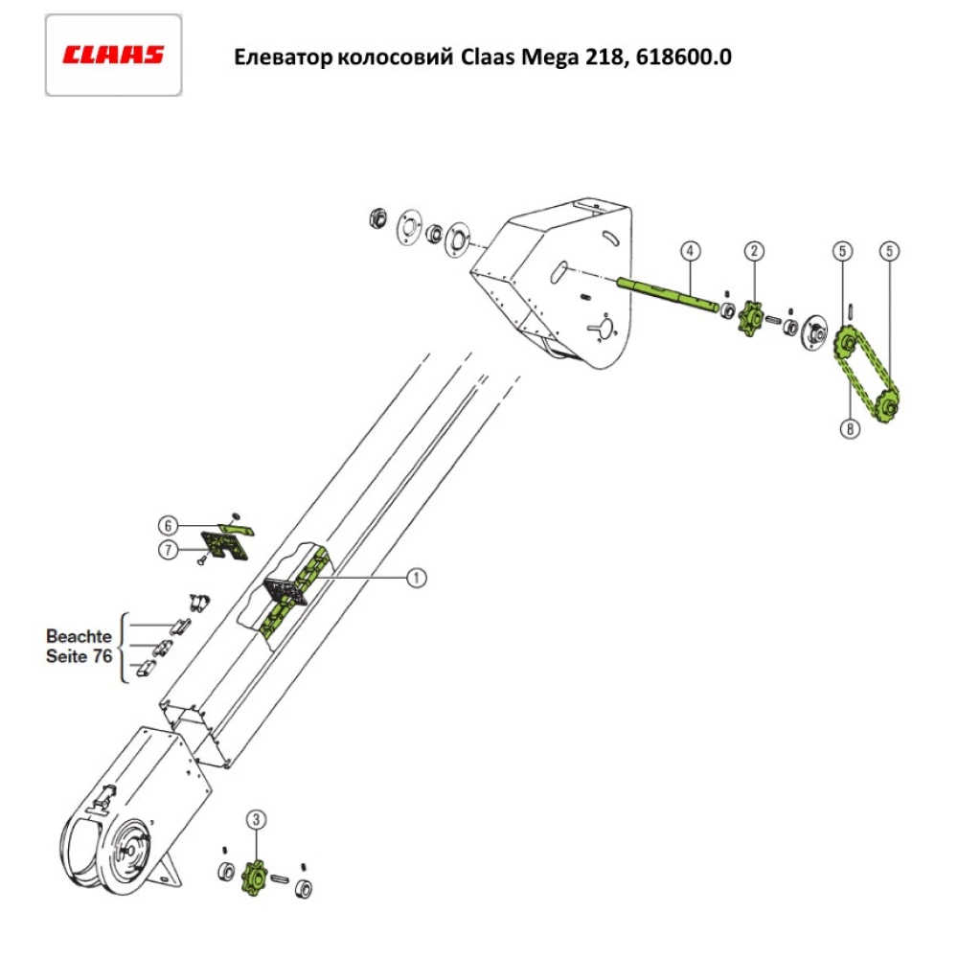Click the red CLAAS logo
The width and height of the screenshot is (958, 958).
click(x=113, y=55)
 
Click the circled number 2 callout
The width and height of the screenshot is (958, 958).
click(x=755, y=251)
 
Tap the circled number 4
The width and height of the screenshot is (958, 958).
click(x=690, y=251)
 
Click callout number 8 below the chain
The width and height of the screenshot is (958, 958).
click(x=849, y=429)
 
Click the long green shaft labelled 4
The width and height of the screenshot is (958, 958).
click(x=671, y=292)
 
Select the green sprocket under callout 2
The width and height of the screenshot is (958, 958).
click(x=752, y=317)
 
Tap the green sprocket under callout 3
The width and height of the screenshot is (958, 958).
click(x=256, y=875)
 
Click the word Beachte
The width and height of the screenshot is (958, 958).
click(x=79, y=636)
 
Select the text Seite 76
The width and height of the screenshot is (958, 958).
click(x=79, y=657)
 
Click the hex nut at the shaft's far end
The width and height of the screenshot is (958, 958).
click(x=376, y=217)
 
